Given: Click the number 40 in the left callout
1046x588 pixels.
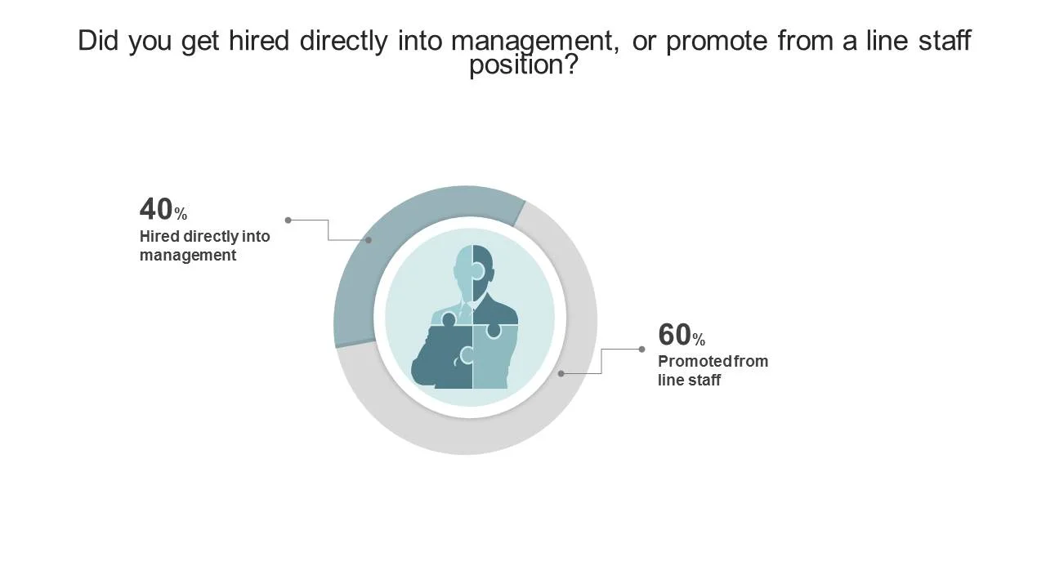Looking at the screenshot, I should (156, 210).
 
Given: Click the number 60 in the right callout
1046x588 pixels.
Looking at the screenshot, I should (675, 335).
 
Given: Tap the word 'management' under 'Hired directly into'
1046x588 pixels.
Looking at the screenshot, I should (188, 256).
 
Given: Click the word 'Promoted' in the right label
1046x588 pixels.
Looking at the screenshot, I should (690, 361).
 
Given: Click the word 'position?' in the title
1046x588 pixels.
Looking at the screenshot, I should (523, 65).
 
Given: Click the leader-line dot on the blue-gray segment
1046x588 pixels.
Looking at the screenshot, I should (369, 240).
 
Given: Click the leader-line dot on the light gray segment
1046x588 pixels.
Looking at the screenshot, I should (561, 373).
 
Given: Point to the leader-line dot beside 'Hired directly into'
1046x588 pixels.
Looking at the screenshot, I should (288, 220).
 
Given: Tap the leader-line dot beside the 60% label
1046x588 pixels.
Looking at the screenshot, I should (641, 350).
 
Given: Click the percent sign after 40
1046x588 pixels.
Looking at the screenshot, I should (181, 215).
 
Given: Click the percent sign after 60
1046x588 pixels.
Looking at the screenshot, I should (699, 340).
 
